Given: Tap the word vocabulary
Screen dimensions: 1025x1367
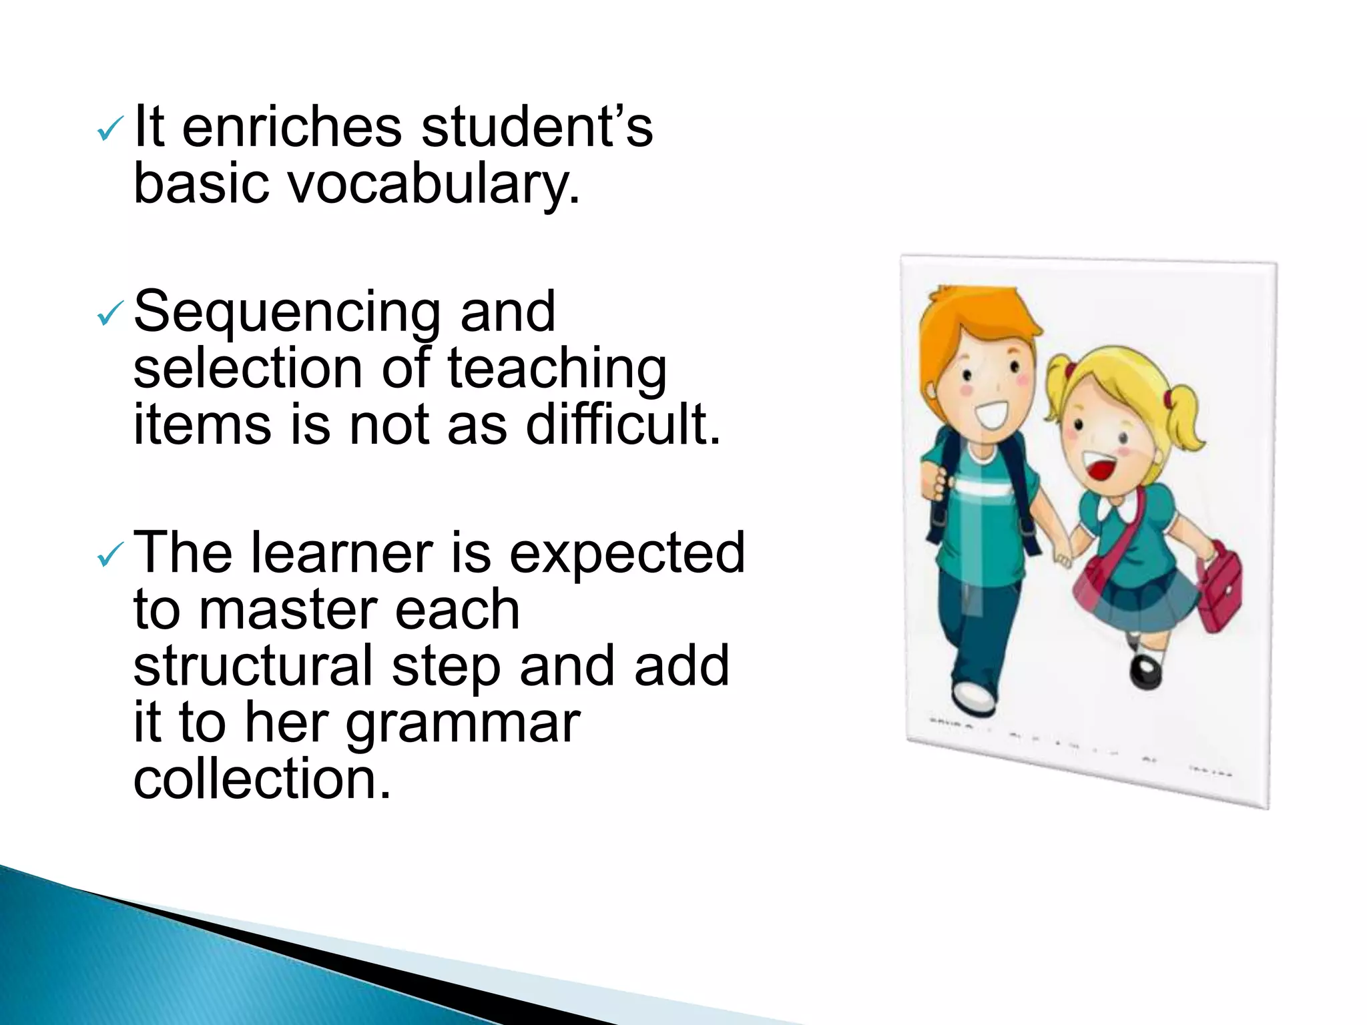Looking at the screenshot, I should point(433,184).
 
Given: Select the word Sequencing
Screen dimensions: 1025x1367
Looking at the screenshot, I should point(286,312).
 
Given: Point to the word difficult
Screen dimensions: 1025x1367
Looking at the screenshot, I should point(623,424).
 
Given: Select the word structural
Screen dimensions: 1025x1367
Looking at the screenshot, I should point(253,665).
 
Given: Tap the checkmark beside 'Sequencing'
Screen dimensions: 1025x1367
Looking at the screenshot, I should point(109,313).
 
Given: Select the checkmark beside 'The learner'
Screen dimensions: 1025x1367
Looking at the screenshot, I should point(109,553).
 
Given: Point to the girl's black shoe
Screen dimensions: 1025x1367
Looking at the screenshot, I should point(1145,671).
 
